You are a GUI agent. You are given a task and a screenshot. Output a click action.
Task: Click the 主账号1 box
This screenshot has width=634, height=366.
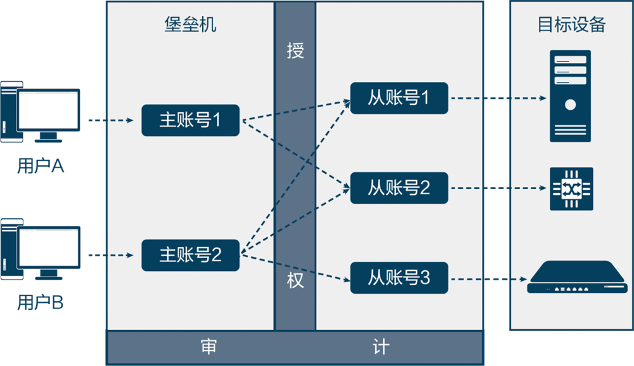pos(190,120)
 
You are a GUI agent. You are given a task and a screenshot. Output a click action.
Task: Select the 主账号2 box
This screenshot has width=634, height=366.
pos(190,255)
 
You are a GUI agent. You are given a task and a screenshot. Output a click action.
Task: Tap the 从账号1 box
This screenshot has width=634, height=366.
pos(399,98)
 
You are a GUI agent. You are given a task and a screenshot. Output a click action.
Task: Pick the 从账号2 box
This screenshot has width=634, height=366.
pos(399,188)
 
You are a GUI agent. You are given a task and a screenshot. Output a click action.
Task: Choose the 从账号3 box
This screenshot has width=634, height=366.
pos(399,278)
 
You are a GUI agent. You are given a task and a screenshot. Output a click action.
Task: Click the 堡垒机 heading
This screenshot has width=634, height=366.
pos(190,25)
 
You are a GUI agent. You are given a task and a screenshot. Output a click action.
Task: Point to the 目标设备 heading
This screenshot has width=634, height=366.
pos(571,25)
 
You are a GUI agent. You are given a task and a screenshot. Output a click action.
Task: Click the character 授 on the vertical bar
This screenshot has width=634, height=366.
pos(295,51)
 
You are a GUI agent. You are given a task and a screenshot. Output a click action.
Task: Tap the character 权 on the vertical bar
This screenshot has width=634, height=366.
pos(295,280)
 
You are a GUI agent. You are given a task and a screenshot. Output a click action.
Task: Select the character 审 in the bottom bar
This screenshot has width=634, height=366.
pos(209,347)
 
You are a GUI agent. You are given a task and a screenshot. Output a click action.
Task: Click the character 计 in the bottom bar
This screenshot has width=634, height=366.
pos(380,347)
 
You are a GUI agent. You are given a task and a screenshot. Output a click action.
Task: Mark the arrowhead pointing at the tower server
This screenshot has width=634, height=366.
pos(543,98)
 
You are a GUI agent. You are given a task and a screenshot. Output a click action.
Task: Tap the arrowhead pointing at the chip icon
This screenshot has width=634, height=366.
pos(543,188)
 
